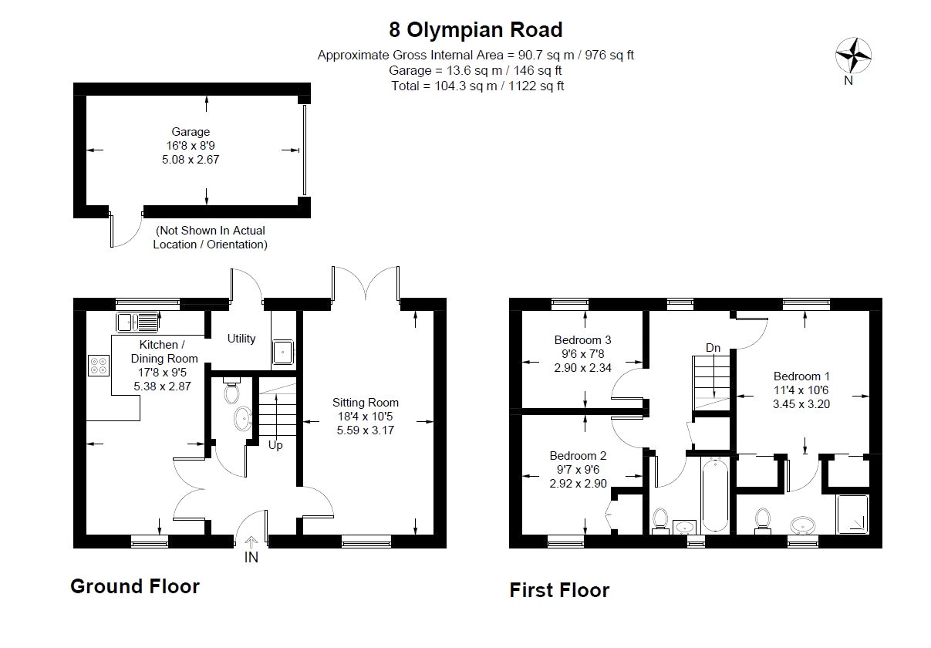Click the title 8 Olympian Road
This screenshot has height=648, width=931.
pyautogui.click(x=475, y=30)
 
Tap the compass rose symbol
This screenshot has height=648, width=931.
pyautogui.click(x=853, y=56)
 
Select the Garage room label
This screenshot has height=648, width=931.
pyautogui.click(x=191, y=132)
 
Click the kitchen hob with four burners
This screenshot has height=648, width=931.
pyautogui.click(x=99, y=366)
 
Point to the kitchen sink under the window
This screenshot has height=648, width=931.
pyautogui.click(x=137, y=322)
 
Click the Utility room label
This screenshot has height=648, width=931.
pyautogui.click(x=241, y=339)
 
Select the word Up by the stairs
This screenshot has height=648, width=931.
pyautogui.click(x=275, y=445)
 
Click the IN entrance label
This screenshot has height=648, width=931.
pyautogui.click(x=251, y=558)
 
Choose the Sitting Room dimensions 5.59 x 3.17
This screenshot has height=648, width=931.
pyautogui.click(x=366, y=430)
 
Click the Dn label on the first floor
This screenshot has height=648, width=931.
pyautogui.click(x=713, y=347)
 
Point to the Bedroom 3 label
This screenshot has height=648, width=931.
pyautogui.click(x=582, y=340)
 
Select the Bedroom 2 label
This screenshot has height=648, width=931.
pyautogui.click(x=578, y=456)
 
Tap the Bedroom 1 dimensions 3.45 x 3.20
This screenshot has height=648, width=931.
pyautogui.click(x=801, y=404)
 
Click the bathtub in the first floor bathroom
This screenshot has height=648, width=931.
pyautogui.click(x=714, y=494)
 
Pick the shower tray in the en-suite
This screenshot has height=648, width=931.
pyautogui.click(x=852, y=515)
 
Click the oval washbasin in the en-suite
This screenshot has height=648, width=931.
pyautogui.click(x=802, y=525)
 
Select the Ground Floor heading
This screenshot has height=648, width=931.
pyautogui.click(x=135, y=586)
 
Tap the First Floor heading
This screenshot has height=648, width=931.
pyautogui.click(x=559, y=590)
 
